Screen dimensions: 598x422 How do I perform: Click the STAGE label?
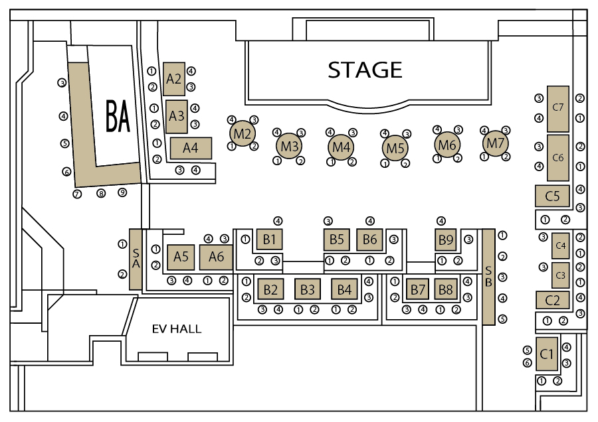[365, 70]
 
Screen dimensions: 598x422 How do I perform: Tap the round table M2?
[243, 133]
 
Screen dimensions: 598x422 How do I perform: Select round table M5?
[395, 148]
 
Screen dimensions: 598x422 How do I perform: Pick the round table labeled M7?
[495, 143]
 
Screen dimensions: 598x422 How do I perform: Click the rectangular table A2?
[174, 79]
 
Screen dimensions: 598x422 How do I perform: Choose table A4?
[191, 148]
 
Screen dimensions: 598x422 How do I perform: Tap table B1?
[269, 239]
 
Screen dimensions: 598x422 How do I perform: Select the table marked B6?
[369, 240]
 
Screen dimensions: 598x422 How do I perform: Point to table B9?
[446, 240]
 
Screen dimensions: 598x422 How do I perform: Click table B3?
[308, 289]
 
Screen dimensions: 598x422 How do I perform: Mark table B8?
[445, 289]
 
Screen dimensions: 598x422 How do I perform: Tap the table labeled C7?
[558, 109]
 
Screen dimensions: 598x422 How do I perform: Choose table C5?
[552, 196]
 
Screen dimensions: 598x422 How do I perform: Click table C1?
[547, 354]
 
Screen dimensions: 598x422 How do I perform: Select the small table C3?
[561, 275]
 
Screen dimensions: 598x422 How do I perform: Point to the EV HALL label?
[177, 329]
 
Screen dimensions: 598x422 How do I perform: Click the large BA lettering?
[118, 116]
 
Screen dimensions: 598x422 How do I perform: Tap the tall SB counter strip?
[488, 277]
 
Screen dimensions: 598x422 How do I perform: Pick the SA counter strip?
[136, 259]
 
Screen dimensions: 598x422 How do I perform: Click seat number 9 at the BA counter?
[122, 192]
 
